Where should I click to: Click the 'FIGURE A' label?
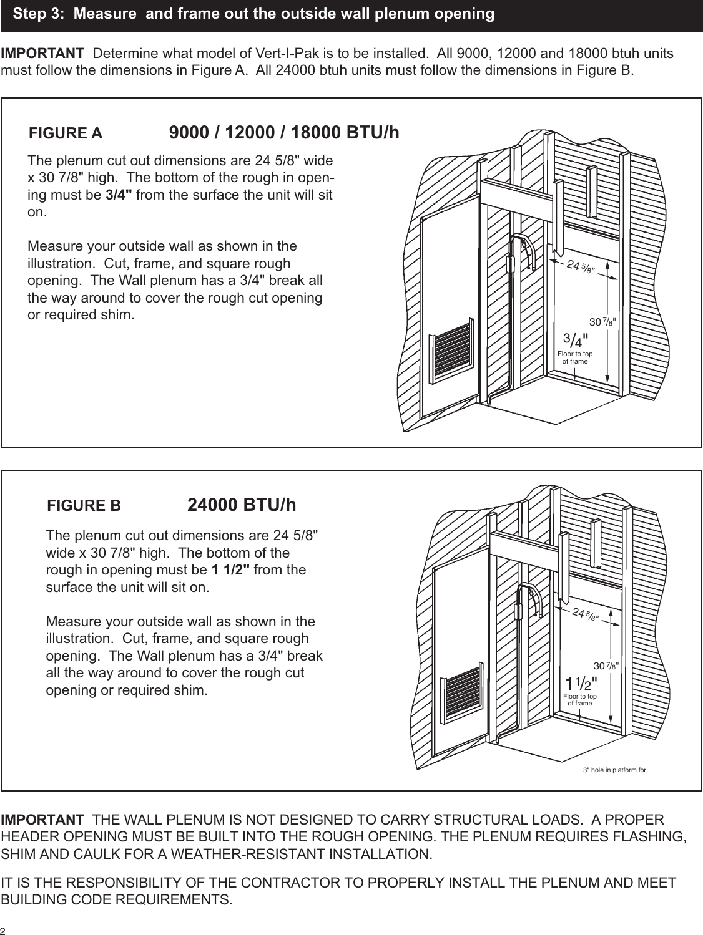tap(66, 133)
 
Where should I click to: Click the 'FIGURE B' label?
tap(84, 506)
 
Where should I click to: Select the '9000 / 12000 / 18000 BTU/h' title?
tap(284, 133)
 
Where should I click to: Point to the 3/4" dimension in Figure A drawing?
tap(576, 341)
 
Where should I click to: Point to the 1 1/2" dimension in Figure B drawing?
tap(581, 683)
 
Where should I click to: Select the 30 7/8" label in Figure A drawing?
tap(603, 322)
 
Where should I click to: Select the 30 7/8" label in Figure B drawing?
tap(606, 665)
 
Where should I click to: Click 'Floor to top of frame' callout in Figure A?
tap(575, 358)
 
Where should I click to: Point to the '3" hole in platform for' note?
tap(614, 770)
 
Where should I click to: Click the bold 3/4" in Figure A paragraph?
tap(119, 195)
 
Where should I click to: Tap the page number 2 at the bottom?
tap(4, 930)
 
